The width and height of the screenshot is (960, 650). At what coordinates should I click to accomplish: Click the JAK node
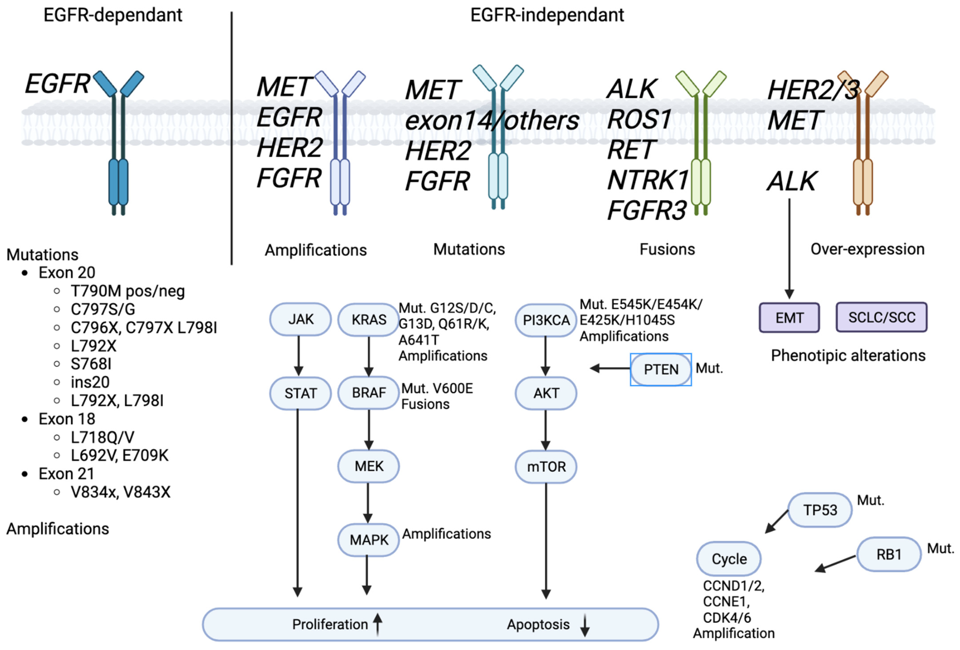click(x=300, y=319)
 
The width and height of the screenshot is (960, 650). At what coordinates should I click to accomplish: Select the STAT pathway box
click(x=300, y=393)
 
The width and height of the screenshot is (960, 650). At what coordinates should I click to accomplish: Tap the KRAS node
click(x=369, y=320)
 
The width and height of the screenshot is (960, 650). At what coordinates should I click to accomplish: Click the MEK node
click(x=369, y=466)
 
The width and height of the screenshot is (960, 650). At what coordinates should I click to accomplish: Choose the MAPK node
click(x=369, y=540)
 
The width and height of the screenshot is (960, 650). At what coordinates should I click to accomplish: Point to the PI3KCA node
click(x=546, y=320)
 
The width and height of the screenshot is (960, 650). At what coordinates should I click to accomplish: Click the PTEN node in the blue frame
click(x=660, y=369)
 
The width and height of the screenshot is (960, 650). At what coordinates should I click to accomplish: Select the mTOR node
click(x=546, y=467)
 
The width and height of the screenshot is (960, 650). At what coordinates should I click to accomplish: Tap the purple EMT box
click(x=789, y=318)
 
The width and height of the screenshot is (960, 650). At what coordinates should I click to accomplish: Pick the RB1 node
click(x=889, y=554)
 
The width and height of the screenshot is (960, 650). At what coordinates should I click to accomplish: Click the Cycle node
click(x=729, y=559)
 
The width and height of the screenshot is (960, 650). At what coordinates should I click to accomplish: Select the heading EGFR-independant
click(x=547, y=15)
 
